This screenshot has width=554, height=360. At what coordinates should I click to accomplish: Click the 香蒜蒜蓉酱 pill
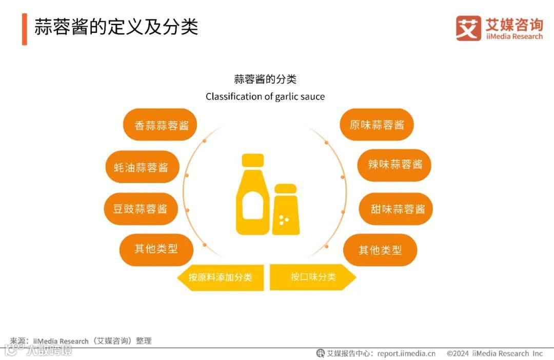(161, 125)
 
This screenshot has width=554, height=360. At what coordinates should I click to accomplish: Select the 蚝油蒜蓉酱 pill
(142, 167)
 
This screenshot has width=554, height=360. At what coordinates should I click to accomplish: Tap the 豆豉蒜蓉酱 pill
(141, 209)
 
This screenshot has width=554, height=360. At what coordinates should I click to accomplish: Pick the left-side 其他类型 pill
(156, 249)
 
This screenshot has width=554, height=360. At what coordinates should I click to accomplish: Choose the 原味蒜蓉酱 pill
(377, 125)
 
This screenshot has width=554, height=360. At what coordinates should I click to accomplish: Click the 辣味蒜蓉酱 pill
(394, 165)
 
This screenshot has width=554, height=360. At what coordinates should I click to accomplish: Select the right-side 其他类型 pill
(380, 250)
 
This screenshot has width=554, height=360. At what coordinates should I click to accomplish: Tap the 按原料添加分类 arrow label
(221, 277)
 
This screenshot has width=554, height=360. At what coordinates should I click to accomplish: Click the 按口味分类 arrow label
(312, 277)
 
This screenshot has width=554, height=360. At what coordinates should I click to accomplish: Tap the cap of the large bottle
(253, 159)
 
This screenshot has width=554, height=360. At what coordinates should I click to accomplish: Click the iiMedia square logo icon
(468, 28)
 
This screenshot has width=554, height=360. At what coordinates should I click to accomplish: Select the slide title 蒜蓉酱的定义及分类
(116, 27)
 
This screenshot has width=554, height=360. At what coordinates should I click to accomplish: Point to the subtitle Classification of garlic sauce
(265, 96)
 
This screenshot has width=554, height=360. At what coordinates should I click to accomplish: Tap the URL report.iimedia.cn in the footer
(406, 353)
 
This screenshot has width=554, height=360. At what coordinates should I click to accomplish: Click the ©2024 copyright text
(494, 353)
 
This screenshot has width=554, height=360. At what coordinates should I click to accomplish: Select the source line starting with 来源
(81, 341)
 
